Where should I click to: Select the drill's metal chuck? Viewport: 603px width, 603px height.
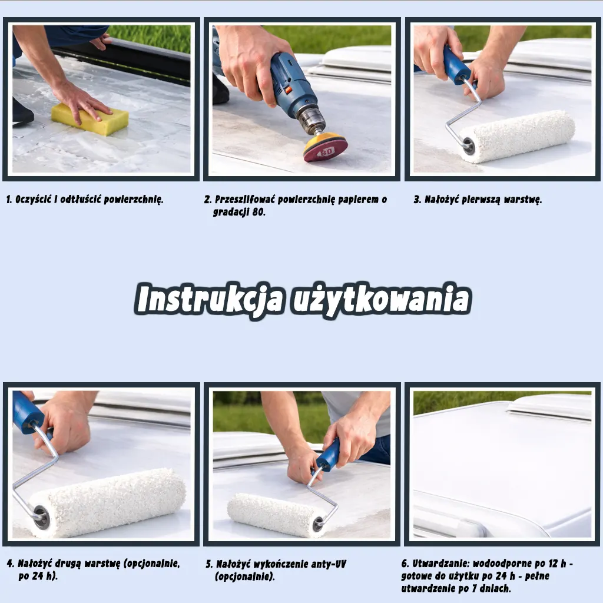point(312,120)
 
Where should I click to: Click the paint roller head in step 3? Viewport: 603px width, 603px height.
point(518,137)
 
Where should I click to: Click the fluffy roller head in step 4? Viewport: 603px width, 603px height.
point(108,502)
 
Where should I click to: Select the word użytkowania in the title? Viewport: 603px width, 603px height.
point(381,300)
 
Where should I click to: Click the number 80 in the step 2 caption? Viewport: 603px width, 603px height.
point(259,212)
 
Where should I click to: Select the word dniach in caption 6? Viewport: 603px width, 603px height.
point(495,588)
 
